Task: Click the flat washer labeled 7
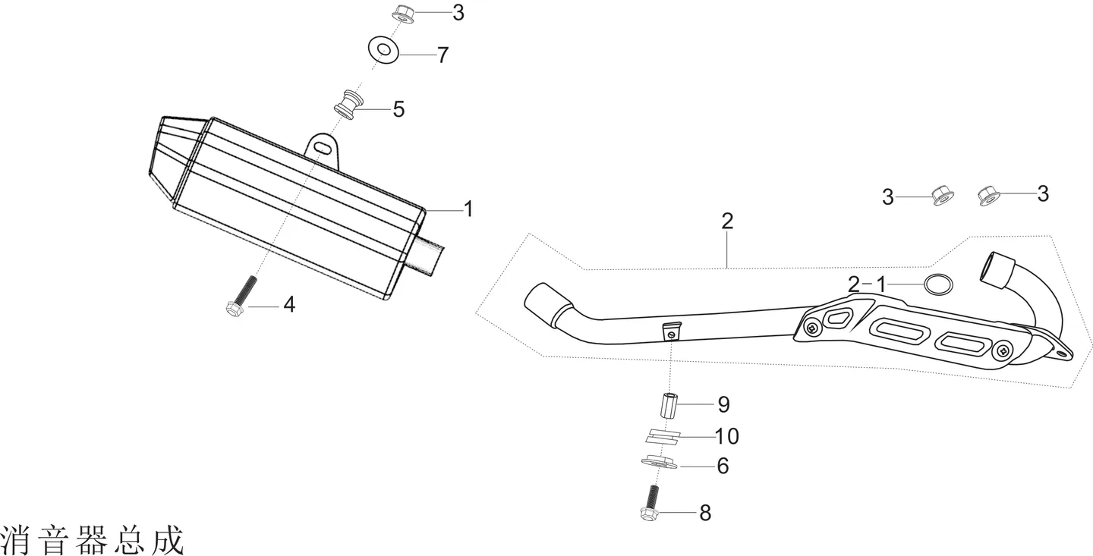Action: coord(383,49)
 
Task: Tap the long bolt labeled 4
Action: coord(241,297)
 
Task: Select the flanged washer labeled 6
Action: coord(659,463)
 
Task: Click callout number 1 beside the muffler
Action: coord(468,209)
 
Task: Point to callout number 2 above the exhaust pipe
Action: coord(727,221)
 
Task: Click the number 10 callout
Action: coord(726,436)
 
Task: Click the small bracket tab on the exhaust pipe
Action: coord(670,331)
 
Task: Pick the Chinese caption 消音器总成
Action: coord(93,540)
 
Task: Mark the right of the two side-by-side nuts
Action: coord(989,196)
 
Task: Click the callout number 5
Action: coord(398,109)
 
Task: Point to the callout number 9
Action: coord(723,404)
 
